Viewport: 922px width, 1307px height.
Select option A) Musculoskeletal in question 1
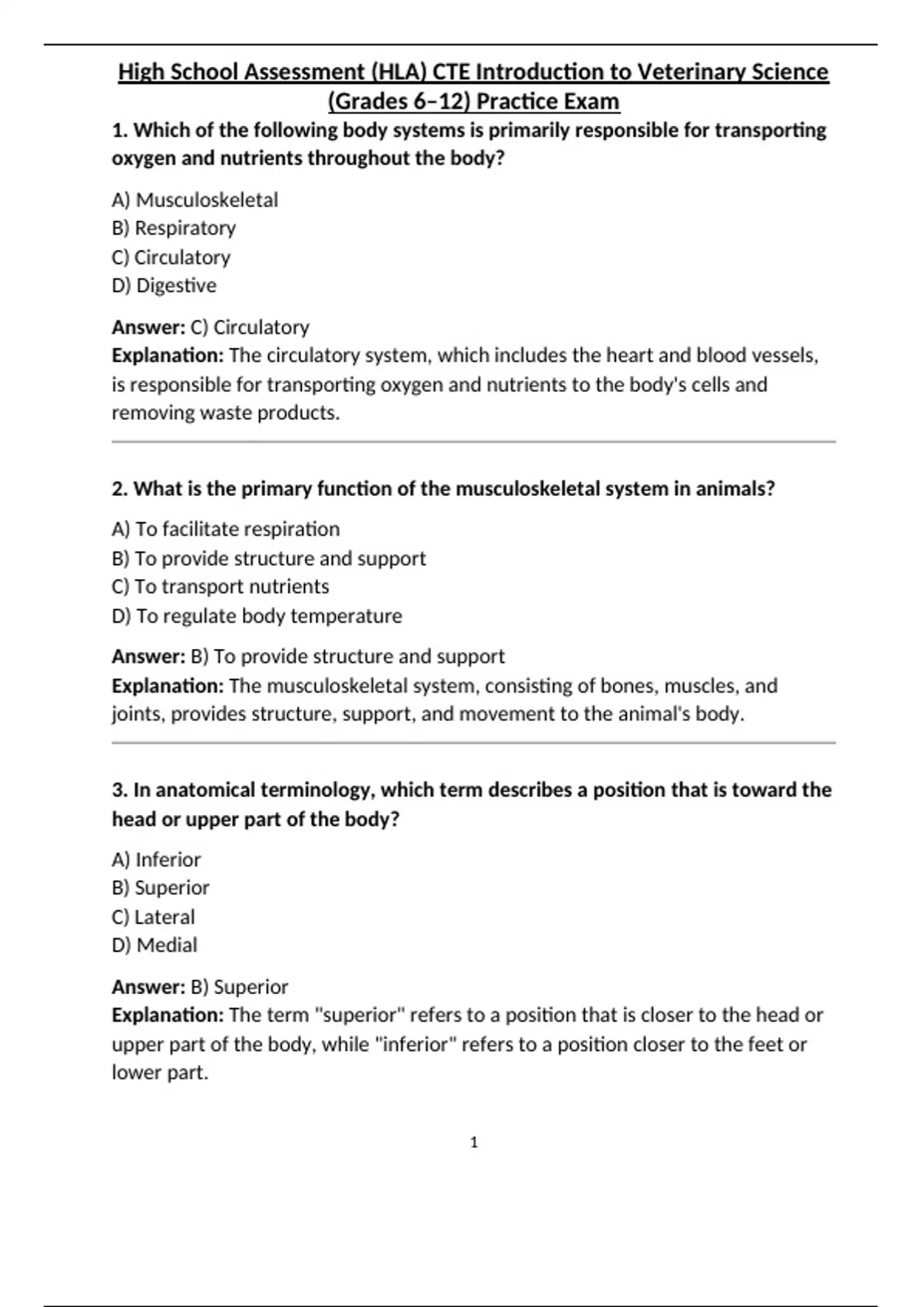[194, 200]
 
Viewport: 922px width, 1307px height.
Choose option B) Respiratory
[174, 228]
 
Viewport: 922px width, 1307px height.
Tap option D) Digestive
[164, 285]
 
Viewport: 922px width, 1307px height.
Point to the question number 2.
[120, 489]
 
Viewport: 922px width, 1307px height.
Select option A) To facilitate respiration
[225, 529]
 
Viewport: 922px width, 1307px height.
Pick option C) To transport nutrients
[220, 587]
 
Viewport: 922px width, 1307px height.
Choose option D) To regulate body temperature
[257, 616]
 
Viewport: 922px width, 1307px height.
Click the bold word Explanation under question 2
[167, 686]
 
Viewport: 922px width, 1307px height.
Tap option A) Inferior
[156, 860]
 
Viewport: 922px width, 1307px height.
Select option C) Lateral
[153, 917]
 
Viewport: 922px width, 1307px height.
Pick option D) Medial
[154, 945]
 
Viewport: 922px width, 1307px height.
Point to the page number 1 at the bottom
[473, 1142]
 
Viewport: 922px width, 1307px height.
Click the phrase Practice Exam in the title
[548, 101]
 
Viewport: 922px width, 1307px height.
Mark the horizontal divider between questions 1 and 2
[473, 442]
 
